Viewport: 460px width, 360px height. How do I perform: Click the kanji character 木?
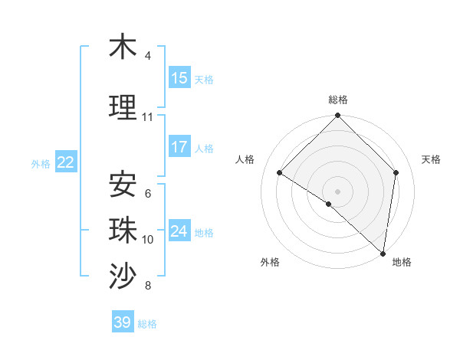coord(123,47)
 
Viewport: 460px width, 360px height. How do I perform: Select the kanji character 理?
coord(123,108)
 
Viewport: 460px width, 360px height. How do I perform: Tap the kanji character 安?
coord(123,185)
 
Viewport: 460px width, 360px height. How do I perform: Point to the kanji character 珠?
coord(123,231)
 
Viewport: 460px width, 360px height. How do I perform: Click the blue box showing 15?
coord(179,78)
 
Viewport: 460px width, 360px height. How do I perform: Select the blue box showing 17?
coord(179,147)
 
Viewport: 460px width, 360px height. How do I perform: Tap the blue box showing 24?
coord(179,231)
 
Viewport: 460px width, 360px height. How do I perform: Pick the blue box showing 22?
coord(66,162)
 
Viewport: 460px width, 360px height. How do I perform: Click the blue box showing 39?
coord(122,322)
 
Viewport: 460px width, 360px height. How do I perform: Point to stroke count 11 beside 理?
coord(147,117)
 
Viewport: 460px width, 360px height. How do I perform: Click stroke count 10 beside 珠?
coord(147,240)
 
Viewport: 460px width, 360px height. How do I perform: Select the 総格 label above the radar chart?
coord(338,100)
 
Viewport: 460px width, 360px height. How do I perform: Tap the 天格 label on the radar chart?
coord(431,159)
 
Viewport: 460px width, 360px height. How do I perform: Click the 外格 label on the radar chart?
coord(270,262)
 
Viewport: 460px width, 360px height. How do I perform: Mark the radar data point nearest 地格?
coord(383,254)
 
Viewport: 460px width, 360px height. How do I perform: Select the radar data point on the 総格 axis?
coord(338,116)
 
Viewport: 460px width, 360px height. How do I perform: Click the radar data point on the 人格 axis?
coord(280,173)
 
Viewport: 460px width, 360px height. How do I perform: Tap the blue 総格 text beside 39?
coord(147,324)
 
